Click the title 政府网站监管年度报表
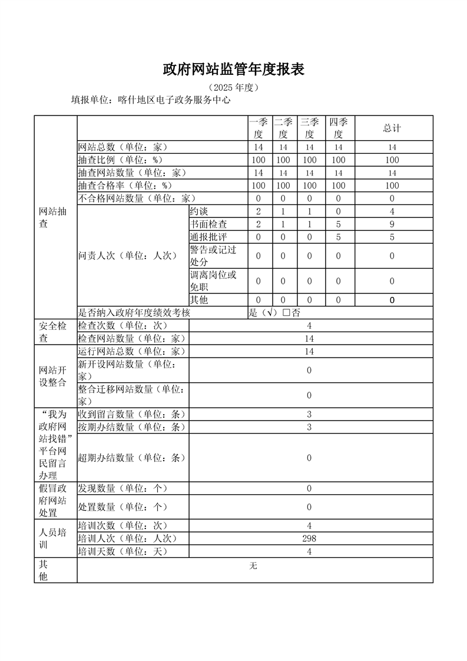pos(233,70)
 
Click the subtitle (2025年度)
pos(234,88)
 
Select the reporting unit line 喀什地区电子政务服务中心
pos(150,100)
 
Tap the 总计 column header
pos(392,128)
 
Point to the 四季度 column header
pos(338,128)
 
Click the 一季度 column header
pos(258,128)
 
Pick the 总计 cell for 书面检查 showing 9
pos(392,224)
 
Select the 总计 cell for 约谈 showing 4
pos(392,211)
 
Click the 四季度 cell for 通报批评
pos(338,237)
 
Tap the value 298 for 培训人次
pos(309,538)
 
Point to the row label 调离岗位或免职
pos(213,280)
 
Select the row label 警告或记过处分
pos(213,255)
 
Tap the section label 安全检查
pos(52,332)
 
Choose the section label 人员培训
pos(52,538)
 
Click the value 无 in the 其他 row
pos(253,566)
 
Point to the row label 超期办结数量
pos(132,458)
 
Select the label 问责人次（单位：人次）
pos(127,256)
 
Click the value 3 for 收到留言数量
pos(309,414)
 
